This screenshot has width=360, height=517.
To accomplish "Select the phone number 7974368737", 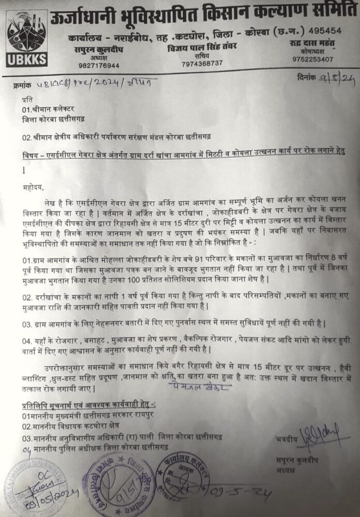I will [x=202, y=63].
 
